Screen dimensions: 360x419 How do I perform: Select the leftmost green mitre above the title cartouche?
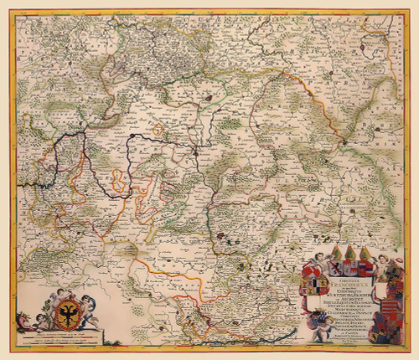[x=338, y=253]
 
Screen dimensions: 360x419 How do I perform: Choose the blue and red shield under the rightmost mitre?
[x=366, y=268]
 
